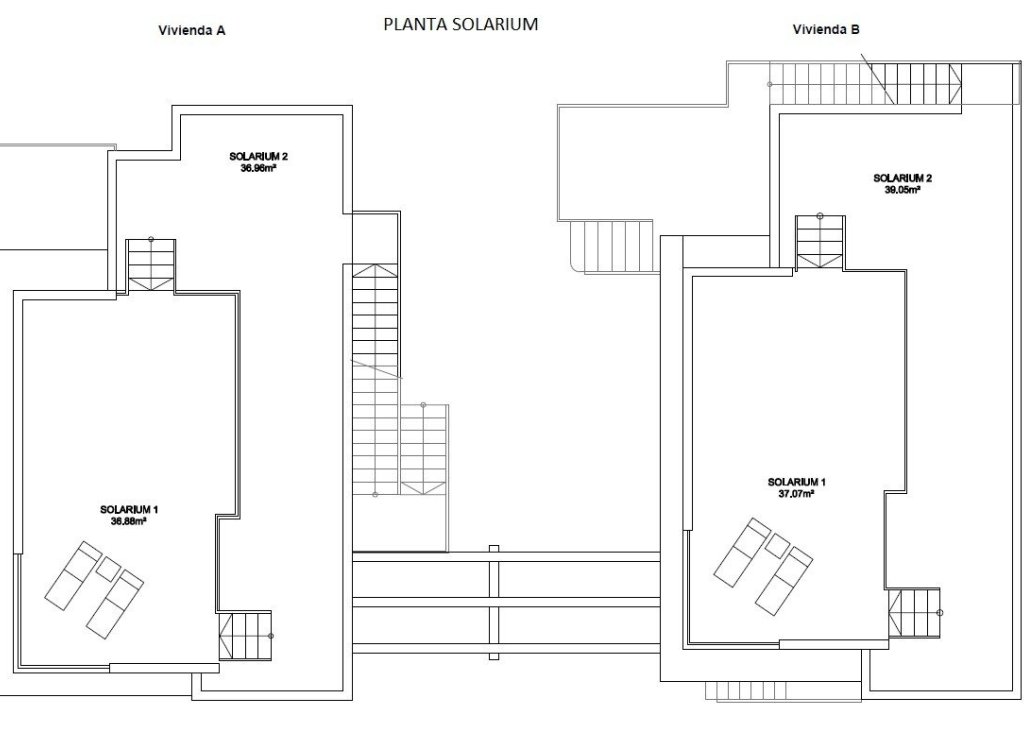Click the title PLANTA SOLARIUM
point(461,25)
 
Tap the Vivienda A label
point(192,31)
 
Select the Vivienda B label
point(827,30)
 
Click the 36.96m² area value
point(258,169)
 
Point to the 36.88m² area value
point(129,521)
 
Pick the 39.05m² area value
point(902,190)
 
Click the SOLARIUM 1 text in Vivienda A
point(129,510)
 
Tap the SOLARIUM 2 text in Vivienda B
point(902,179)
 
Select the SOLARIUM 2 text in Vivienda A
point(258,158)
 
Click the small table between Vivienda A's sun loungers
point(107,568)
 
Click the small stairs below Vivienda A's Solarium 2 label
point(151,266)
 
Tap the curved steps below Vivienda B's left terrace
point(611,245)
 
